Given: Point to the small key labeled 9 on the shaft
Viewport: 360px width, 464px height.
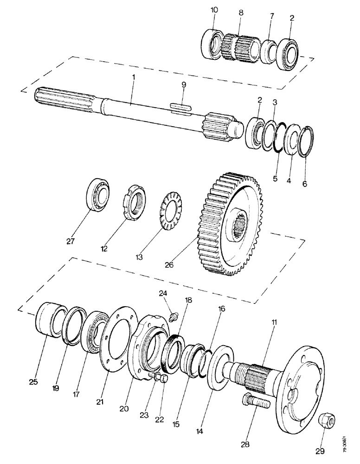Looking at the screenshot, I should pyautogui.click(x=180, y=106).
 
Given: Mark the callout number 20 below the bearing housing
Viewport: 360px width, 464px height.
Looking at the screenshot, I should pyautogui.click(x=123, y=409).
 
